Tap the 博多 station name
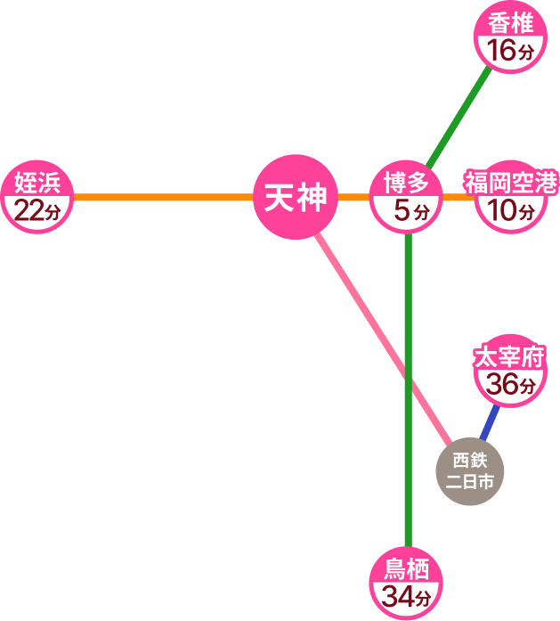pos(406,184)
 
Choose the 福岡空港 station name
pos(510,184)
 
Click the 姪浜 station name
pos(37,184)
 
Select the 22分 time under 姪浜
pos(37,212)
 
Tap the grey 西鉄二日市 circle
pos(470,472)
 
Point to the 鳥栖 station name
pos(406,567)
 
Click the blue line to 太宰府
pos(488,425)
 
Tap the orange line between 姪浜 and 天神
pos(160,197)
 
